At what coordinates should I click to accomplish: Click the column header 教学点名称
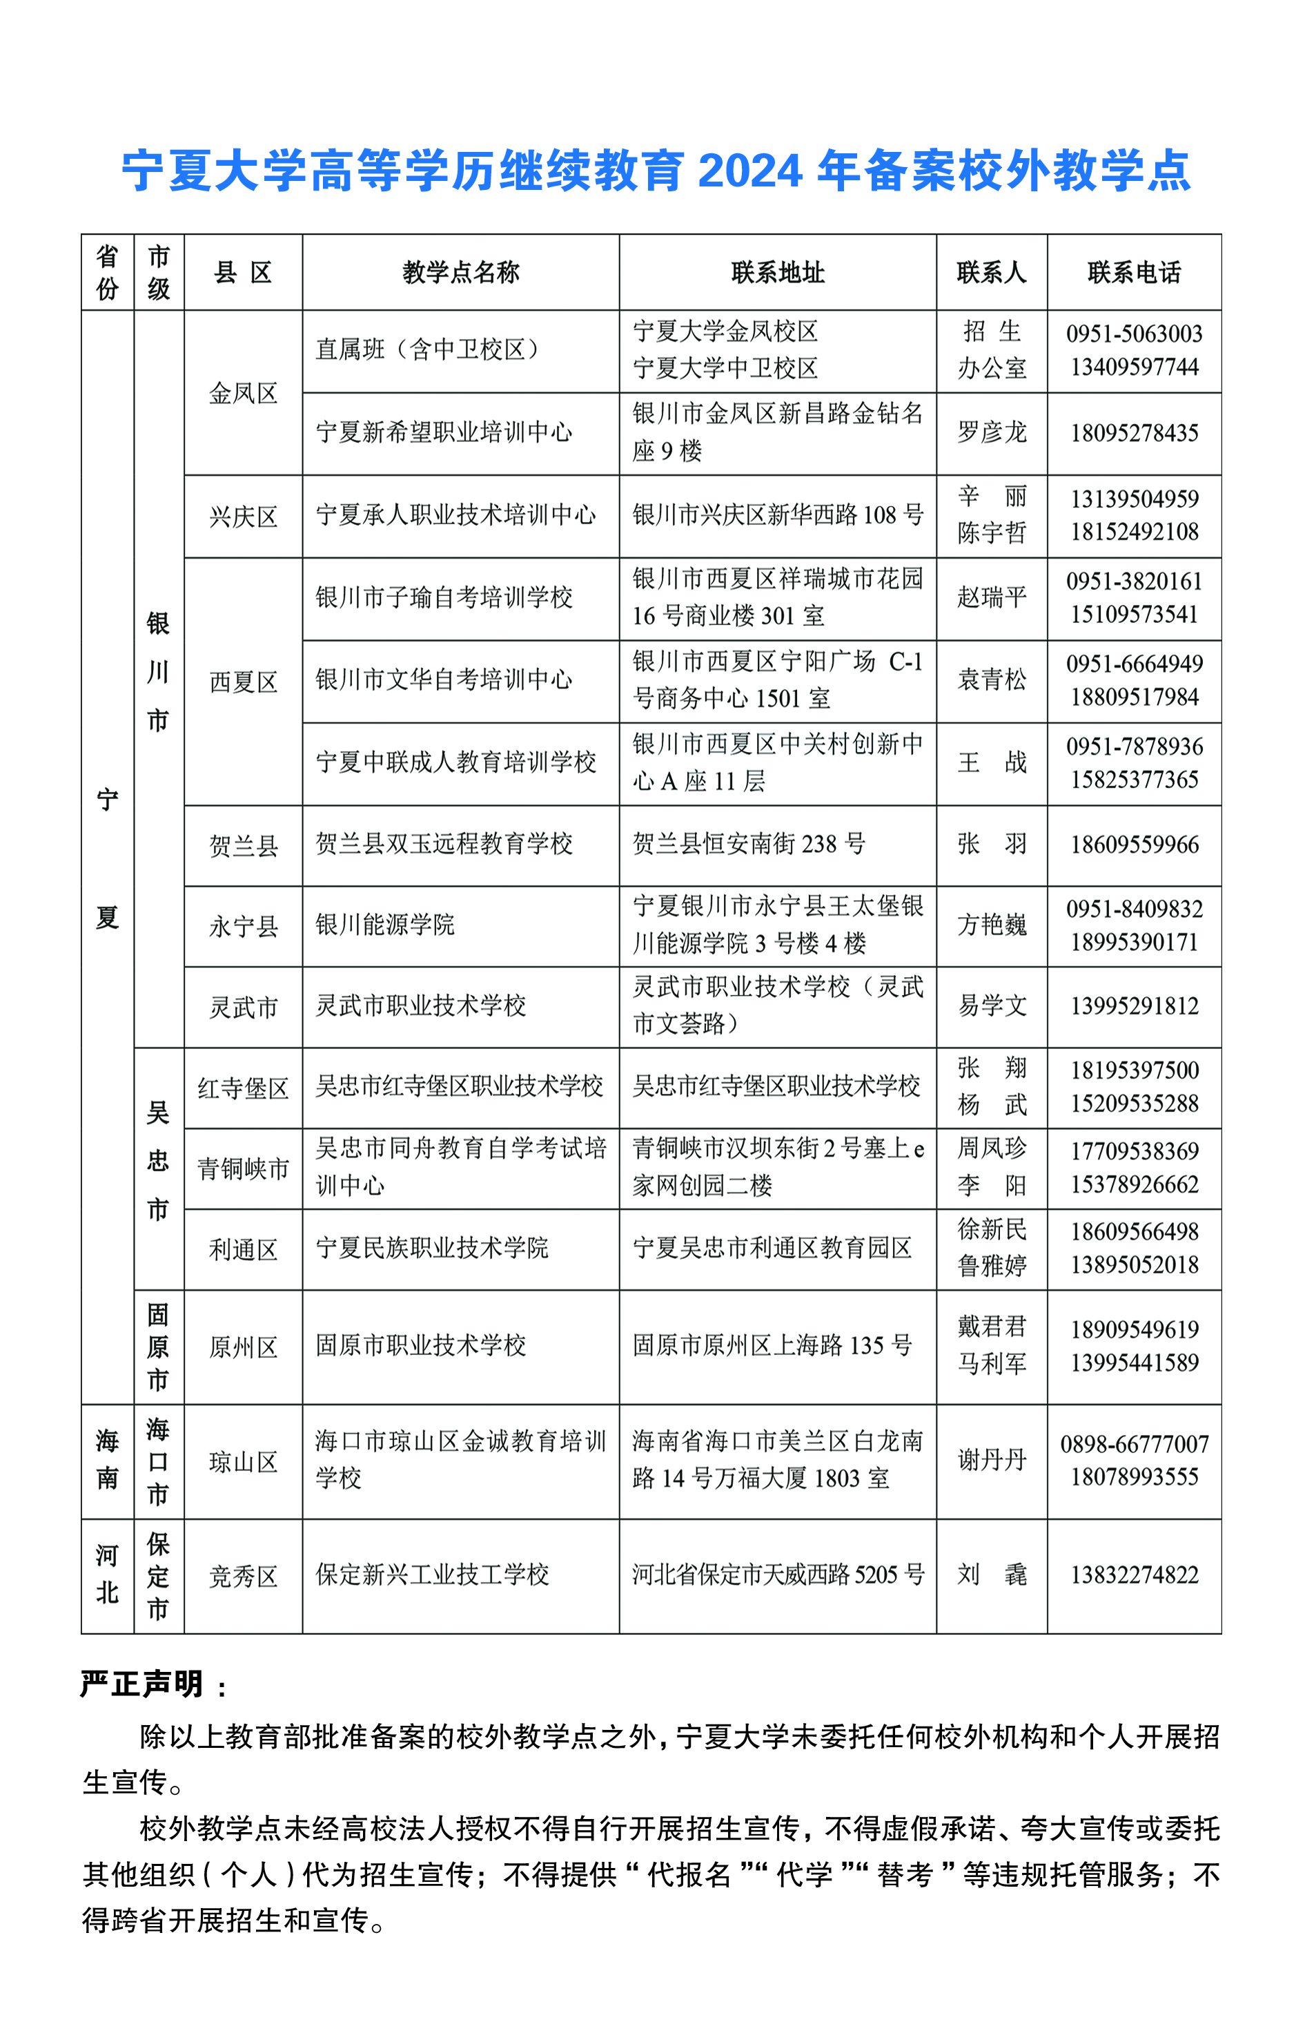(x=460, y=272)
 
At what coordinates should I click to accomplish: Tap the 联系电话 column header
(x=1134, y=272)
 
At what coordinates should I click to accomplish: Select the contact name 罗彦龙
(x=992, y=432)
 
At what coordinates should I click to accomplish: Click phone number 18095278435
(x=1134, y=433)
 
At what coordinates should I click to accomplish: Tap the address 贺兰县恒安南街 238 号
(x=748, y=845)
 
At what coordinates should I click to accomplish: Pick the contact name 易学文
(x=992, y=1006)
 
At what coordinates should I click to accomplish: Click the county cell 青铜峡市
(x=243, y=1169)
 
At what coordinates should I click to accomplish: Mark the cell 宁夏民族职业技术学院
(x=432, y=1248)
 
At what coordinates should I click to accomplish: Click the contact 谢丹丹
(x=992, y=1460)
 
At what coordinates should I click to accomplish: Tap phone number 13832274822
(x=1134, y=1575)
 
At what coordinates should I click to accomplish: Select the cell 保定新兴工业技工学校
(x=432, y=1575)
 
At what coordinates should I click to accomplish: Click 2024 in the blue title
(x=750, y=171)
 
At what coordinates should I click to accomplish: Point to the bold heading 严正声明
(x=141, y=1684)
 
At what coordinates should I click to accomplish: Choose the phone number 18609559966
(x=1134, y=845)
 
